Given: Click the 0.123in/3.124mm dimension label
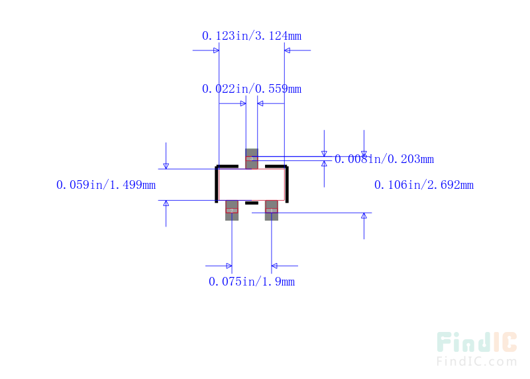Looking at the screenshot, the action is [x=251, y=36].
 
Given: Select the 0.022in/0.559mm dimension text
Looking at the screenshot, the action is [x=251, y=89].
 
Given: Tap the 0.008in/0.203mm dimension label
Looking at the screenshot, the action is [x=384, y=159].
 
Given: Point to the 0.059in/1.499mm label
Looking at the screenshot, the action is [x=106, y=185].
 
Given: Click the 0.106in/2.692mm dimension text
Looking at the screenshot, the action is [x=423, y=185].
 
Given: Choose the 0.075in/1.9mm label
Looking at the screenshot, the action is [x=251, y=282].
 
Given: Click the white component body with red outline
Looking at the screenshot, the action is [x=252, y=184].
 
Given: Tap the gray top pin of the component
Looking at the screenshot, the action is [x=252, y=158].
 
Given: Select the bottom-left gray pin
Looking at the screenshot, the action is [x=232, y=210].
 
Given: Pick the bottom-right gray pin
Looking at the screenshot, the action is [x=271, y=210].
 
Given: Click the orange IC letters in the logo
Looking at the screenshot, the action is [x=505, y=342].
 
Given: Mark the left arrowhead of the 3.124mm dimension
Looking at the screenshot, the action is [x=215, y=50].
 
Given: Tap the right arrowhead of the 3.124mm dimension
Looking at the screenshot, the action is [x=288, y=50].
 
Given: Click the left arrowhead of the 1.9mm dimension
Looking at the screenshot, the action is [x=228, y=266].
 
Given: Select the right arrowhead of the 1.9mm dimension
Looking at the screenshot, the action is [x=276, y=266].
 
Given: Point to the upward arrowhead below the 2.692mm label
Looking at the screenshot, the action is [x=364, y=216].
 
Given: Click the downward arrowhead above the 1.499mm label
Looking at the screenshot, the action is [x=166, y=165].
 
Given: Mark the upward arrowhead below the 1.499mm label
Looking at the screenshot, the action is [x=166, y=203].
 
